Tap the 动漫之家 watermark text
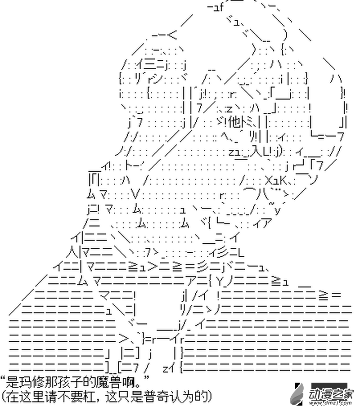(329, 393)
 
